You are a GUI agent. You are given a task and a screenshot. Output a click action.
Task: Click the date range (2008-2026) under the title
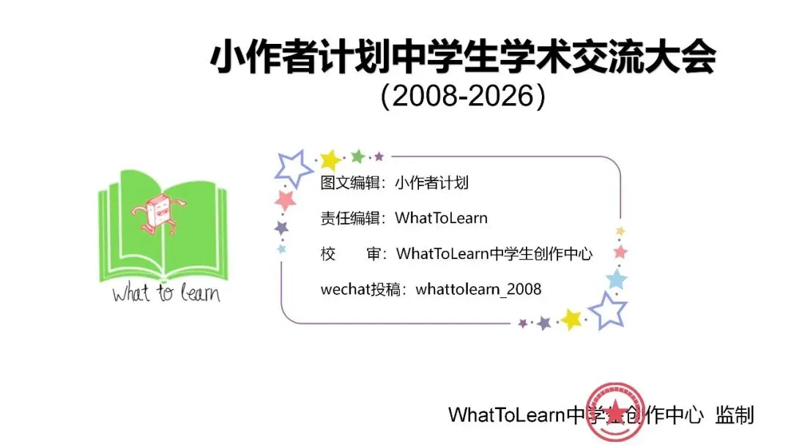(x=463, y=97)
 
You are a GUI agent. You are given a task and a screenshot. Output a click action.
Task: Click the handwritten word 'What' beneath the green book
(x=130, y=293)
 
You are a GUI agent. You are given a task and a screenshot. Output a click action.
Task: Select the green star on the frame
(x=357, y=156)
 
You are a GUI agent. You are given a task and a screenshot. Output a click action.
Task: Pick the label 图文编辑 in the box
(x=349, y=183)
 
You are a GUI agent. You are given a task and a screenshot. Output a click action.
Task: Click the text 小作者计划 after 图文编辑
(x=431, y=183)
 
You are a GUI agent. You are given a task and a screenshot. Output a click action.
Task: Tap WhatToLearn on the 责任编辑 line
(x=441, y=218)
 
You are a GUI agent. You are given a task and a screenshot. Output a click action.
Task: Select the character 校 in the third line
(x=328, y=254)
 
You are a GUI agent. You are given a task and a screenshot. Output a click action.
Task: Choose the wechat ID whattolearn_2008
(x=478, y=289)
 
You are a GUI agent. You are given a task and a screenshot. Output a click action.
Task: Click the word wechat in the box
(x=346, y=289)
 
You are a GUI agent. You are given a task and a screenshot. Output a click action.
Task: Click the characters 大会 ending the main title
(x=682, y=58)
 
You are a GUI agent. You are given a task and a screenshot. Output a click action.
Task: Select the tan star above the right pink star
(x=620, y=231)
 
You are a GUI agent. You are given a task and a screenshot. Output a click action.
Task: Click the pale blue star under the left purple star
(x=281, y=249)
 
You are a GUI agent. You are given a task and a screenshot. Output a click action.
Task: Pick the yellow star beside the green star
(x=330, y=160)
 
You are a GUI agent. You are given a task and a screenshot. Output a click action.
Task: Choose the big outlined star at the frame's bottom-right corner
(x=607, y=310)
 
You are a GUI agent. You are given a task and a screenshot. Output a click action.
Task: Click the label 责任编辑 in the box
(x=349, y=218)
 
